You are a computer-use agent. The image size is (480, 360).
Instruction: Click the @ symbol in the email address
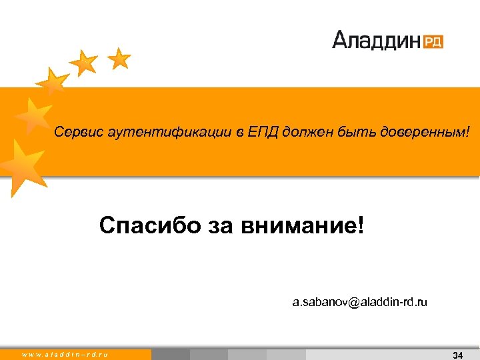[353, 303]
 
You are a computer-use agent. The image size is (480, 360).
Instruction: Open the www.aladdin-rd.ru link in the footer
[65, 355]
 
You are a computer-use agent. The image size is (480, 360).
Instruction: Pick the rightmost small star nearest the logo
[119, 59]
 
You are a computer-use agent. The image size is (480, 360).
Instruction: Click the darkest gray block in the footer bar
[171, 355]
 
